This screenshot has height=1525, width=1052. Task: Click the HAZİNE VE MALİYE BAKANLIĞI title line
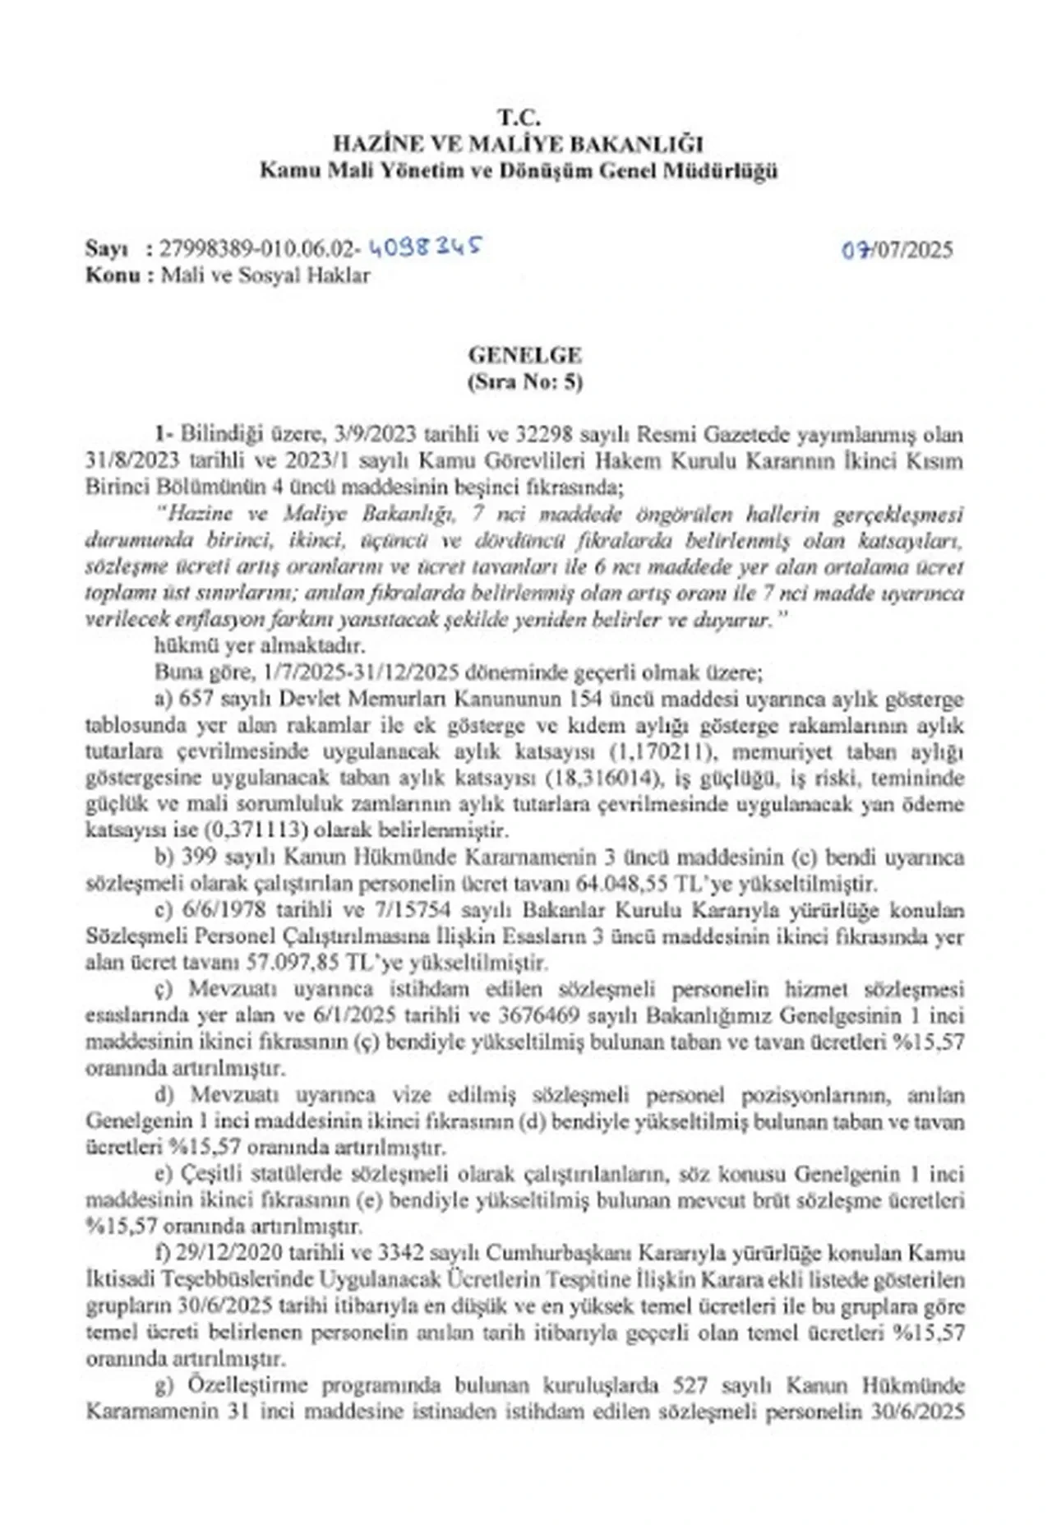(519, 145)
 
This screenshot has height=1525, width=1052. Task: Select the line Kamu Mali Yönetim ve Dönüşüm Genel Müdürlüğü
(519, 172)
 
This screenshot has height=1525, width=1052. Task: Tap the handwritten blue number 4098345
(425, 246)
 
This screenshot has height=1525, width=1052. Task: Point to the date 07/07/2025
(897, 249)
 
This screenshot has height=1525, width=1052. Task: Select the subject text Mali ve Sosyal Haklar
(265, 275)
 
